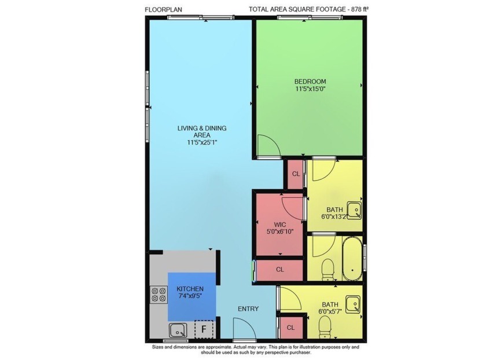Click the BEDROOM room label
click(310, 81)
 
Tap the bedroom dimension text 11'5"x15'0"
click(310, 89)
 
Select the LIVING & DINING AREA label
click(201, 131)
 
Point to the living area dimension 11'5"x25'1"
click(201, 142)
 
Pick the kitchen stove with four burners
click(158, 295)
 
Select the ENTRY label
click(248, 308)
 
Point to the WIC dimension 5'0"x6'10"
click(280, 232)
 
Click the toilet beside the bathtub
click(327, 268)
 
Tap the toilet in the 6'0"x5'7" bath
click(325, 325)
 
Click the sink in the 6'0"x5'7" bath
click(352, 302)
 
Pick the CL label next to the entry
click(290, 328)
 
